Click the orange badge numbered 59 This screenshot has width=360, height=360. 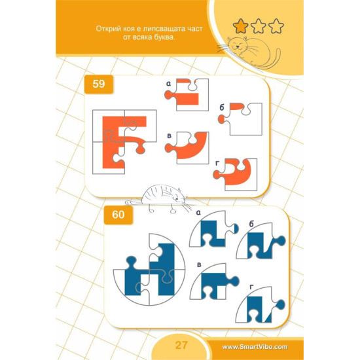(99, 84)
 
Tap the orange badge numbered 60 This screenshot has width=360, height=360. (118, 215)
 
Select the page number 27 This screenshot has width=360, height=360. (181, 345)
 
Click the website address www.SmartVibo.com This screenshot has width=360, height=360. (255, 347)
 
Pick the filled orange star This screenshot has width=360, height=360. (241, 26)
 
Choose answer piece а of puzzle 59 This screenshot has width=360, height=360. (187, 95)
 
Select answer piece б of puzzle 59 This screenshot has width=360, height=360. (241, 119)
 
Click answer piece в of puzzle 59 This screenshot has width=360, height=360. (187, 148)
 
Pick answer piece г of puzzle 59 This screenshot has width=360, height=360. (236, 175)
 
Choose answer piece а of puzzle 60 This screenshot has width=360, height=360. (213, 229)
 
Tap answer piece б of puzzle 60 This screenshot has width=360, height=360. (261, 241)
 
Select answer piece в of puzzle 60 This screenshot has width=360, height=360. (214, 281)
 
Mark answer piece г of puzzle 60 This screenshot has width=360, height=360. (261, 304)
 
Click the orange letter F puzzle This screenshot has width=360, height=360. (124, 142)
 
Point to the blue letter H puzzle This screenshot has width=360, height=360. (149, 270)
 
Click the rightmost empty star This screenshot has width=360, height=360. (276, 26)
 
